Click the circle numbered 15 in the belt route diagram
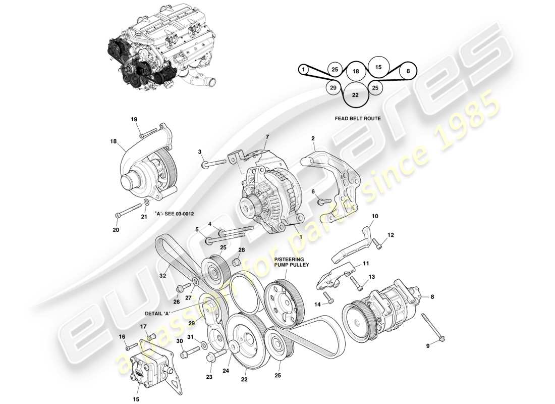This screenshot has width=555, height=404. [x=378, y=67]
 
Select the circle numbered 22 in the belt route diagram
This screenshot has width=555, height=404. [x=355, y=94]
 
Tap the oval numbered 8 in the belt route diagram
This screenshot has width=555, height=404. [x=408, y=72]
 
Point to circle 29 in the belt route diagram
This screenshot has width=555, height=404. [x=332, y=88]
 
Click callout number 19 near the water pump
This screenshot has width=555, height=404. [x=134, y=120]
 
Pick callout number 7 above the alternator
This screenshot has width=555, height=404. [x=267, y=137]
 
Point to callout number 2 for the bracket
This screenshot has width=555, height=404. [x=313, y=138]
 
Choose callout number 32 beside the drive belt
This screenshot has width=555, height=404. [x=163, y=276]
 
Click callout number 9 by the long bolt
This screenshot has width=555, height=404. [x=428, y=346]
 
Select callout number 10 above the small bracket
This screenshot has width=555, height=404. [x=375, y=217]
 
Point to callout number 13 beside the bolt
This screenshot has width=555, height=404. [x=372, y=277]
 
